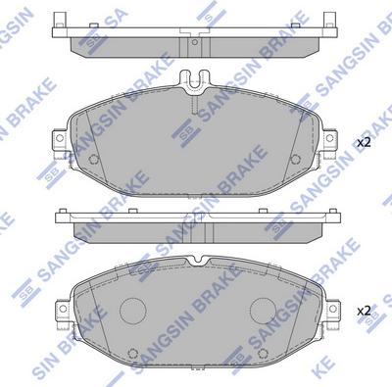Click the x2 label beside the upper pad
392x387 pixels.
[x=364, y=143]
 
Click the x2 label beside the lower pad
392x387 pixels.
[x=364, y=311]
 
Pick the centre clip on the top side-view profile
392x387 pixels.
[x=195, y=37]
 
